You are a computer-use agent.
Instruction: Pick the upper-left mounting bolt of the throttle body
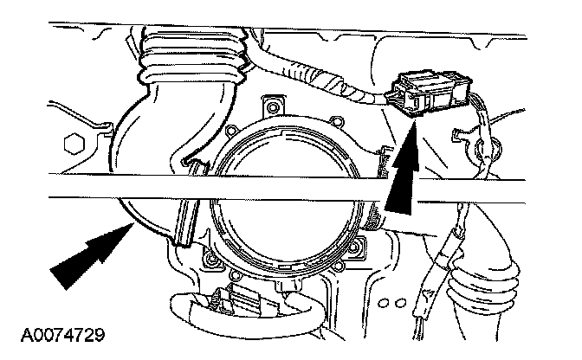tap(275, 107)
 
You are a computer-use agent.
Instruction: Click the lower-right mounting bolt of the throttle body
tap(356, 260)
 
